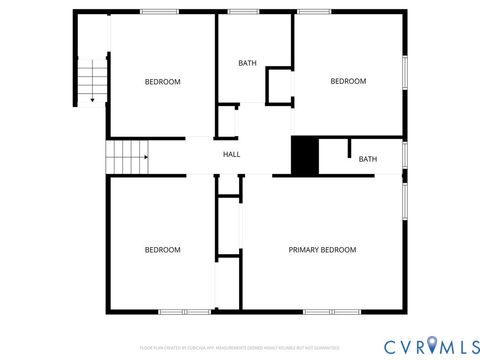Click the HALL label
[231, 154]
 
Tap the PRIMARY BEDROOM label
[322, 249]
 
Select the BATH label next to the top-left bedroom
[247, 64]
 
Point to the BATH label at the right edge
[368, 159]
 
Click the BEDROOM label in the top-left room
[162, 82]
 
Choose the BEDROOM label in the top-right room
[348, 82]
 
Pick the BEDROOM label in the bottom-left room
[162, 249]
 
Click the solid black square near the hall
[304, 156]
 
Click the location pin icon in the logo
[432, 345]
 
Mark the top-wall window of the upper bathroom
[244, 11]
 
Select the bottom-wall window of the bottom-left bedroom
[184, 312]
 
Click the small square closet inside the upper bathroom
[279, 86]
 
